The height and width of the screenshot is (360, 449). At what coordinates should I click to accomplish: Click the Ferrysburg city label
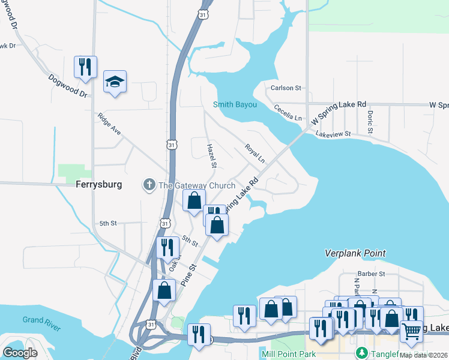click(x=99, y=185)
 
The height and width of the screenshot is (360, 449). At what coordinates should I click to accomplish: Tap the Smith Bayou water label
click(x=235, y=105)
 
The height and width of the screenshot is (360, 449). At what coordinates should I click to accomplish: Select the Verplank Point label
click(x=355, y=254)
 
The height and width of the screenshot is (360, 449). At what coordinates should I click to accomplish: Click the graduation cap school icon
click(x=115, y=82)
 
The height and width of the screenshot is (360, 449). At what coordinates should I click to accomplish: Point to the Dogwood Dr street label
click(x=68, y=86)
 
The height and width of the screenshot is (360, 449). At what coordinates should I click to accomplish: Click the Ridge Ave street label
click(x=110, y=123)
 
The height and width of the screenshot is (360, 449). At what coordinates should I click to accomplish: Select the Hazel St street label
click(x=211, y=155)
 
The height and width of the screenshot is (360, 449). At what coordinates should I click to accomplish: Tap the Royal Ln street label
click(x=255, y=153)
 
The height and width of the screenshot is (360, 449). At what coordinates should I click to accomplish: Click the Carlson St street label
click(x=286, y=88)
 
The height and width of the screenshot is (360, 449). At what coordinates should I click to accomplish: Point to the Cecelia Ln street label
click(x=288, y=113)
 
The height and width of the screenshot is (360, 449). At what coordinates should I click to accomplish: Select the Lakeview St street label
click(x=333, y=134)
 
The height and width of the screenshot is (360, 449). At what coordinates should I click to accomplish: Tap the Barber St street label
click(x=373, y=274)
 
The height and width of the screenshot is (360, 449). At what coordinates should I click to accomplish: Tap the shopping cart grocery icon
click(x=411, y=329)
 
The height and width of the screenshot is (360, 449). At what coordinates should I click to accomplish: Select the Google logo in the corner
click(x=20, y=353)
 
